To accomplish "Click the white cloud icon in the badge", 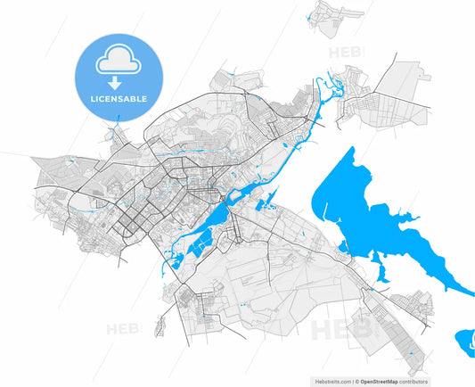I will click(119, 60).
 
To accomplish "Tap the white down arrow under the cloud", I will click(119, 80).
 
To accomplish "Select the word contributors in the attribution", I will click(409, 381).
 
